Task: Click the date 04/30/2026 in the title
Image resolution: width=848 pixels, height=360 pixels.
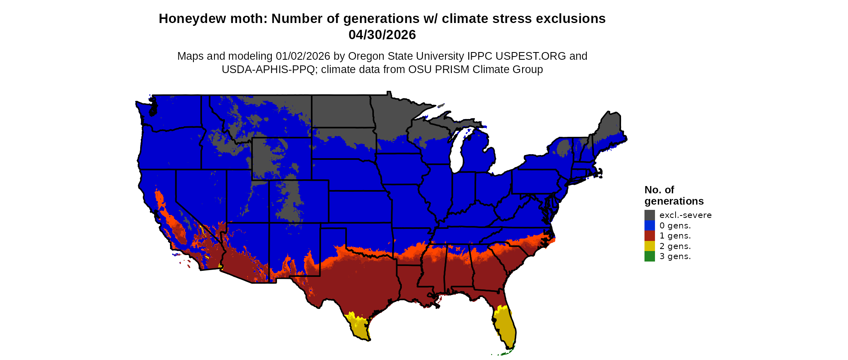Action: (382, 35)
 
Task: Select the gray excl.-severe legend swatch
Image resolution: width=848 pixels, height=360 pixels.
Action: (649, 215)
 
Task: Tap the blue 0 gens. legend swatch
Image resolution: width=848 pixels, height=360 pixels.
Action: (649, 226)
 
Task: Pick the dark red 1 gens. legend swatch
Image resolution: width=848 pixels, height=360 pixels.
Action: (649, 236)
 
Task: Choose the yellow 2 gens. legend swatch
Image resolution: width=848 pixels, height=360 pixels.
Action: (649, 246)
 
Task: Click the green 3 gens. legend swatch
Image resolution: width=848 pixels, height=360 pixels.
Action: (649, 256)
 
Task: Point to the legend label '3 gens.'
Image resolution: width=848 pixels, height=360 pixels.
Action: (675, 256)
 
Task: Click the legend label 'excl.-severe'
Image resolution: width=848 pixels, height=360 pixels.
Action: (685, 215)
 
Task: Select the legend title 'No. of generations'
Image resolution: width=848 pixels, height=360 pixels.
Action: (674, 195)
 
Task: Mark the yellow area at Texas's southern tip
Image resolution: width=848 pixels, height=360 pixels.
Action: (359, 327)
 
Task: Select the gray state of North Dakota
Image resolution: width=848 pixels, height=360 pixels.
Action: (341, 111)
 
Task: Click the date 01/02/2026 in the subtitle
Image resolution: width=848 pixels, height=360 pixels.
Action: (303, 57)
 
